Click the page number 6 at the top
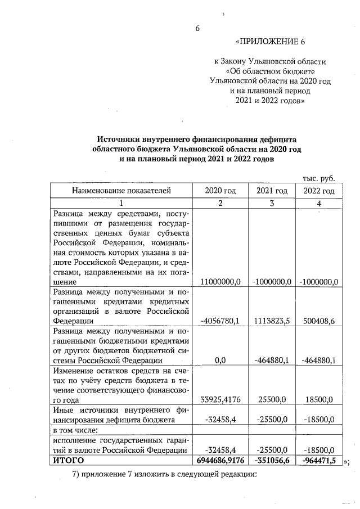197,28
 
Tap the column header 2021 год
272,191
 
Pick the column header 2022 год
319,191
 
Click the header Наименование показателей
120,191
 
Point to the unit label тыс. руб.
319,178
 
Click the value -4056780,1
220,321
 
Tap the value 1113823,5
272,321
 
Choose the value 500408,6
319,321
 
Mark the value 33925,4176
220,400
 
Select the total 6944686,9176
220,461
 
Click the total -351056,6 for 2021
272,461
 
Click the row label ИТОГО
68,461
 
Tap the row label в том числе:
76,430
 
